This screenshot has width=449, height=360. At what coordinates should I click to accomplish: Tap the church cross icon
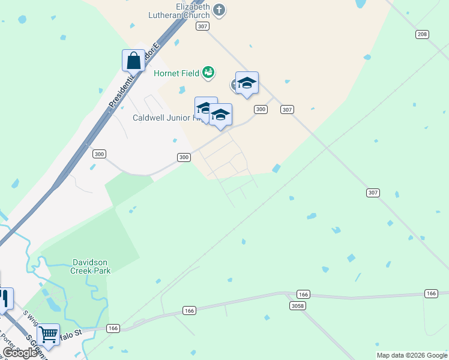tap(219, 10)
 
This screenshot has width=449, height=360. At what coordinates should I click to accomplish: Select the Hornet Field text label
tap(176, 74)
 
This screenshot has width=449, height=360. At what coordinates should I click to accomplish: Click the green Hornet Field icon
tap(208, 73)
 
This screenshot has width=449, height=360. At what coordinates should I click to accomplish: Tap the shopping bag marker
tap(133, 61)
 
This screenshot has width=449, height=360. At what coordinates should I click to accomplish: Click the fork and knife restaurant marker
tap(5, 298)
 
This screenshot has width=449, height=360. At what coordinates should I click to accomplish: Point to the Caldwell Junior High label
tap(165, 118)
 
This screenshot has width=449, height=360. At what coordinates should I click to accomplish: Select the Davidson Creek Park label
tap(92, 266)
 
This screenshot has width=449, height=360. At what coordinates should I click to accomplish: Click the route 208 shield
tap(423, 34)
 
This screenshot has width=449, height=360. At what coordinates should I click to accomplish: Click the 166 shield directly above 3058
tap(304, 294)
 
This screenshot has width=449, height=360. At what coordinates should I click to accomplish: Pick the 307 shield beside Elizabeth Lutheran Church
tap(202, 26)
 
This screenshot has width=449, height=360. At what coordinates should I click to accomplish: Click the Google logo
tap(20, 353)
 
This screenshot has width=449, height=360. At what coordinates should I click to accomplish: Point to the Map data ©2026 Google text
tap(412, 355)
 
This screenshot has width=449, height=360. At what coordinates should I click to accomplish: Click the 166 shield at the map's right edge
tap(431, 293)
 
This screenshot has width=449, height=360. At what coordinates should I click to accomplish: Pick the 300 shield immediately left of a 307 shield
tap(261, 109)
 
